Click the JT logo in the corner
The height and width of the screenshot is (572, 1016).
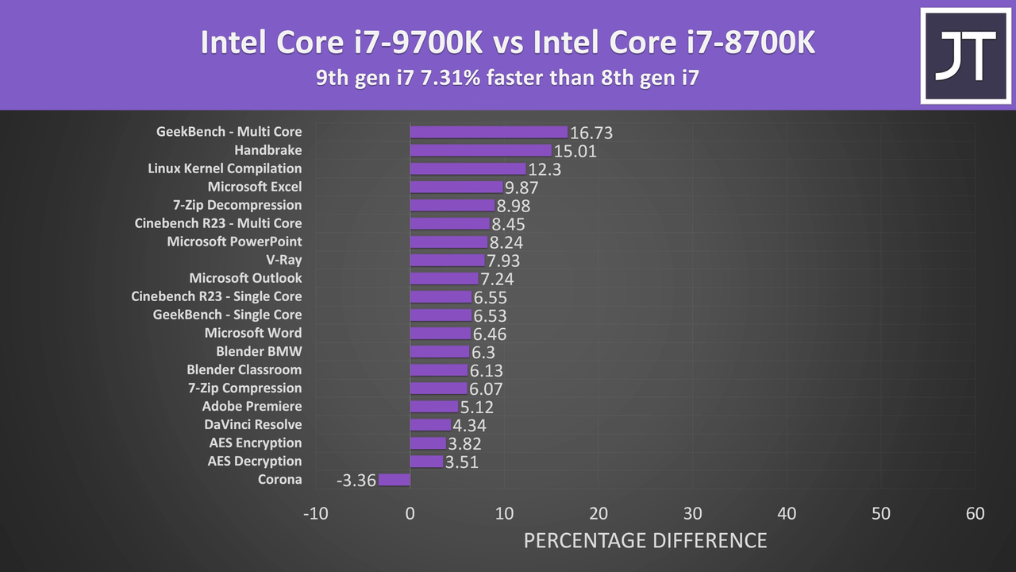pyautogui.click(x=965, y=56)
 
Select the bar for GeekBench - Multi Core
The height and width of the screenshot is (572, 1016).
pyautogui.click(x=489, y=132)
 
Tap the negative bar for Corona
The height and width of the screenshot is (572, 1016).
pyautogui.click(x=394, y=480)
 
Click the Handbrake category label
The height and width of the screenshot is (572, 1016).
pyautogui.click(x=267, y=150)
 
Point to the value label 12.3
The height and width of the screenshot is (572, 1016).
pyautogui.click(x=545, y=169)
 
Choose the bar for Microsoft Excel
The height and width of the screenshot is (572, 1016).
pyautogui.click(x=456, y=187)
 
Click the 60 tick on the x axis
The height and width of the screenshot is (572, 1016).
pyautogui.click(x=975, y=514)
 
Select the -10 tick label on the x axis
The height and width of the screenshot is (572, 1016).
pyautogui.click(x=315, y=514)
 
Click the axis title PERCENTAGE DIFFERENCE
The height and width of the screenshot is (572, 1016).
pyautogui.click(x=645, y=541)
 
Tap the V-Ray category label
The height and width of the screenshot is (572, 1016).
pyautogui.click(x=283, y=260)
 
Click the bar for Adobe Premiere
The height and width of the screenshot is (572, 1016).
pyautogui.click(x=434, y=407)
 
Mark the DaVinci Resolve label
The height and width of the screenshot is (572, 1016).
pyautogui.click(x=252, y=425)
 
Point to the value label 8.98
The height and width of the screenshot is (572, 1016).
pyautogui.click(x=514, y=206)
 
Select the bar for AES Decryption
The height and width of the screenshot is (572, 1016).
pyautogui.click(x=426, y=462)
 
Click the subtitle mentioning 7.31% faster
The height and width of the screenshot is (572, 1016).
pyautogui.click(x=507, y=79)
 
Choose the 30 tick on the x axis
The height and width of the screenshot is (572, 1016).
pyautogui.click(x=692, y=514)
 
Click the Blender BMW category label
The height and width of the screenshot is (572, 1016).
pyautogui.click(x=259, y=351)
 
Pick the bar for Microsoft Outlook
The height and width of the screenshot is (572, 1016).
pyautogui.click(x=444, y=278)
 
